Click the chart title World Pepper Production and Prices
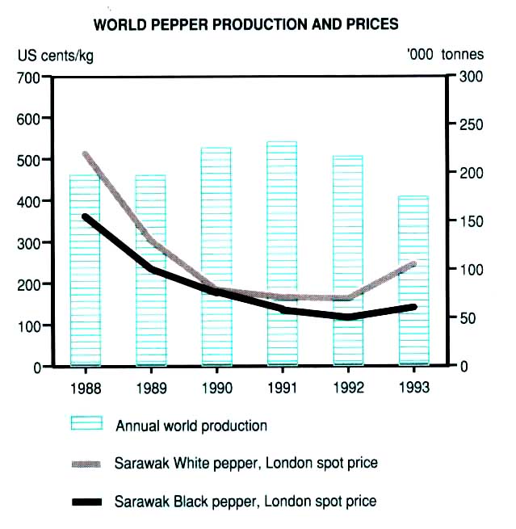click(246, 24)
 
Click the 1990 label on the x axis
click(216, 388)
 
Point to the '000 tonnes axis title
click(447, 55)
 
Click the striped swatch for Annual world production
click(88, 424)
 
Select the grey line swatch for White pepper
click(88, 464)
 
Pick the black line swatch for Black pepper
click(88, 502)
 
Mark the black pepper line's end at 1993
click(414, 307)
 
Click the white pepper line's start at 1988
click(86, 153)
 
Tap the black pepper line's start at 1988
click(86, 216)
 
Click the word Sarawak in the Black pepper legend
click(140, 502)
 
